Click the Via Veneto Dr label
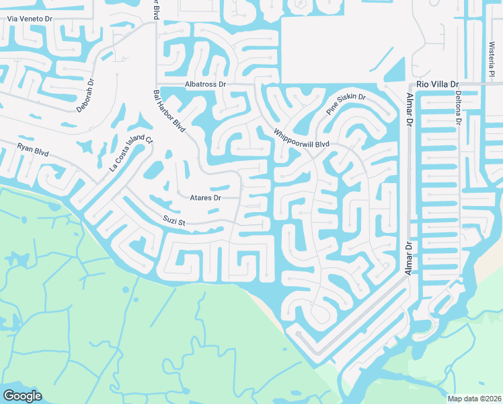[x=29, y=20]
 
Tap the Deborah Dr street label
[x=86, y=96]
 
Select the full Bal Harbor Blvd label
[x=169, y=110]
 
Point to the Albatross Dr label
[x=206, y=84]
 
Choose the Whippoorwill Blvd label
[x=301, y=139]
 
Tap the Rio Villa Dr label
[x=438, y=83]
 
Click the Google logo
[x=22, y=396]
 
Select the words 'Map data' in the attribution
[x=462, y=399]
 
